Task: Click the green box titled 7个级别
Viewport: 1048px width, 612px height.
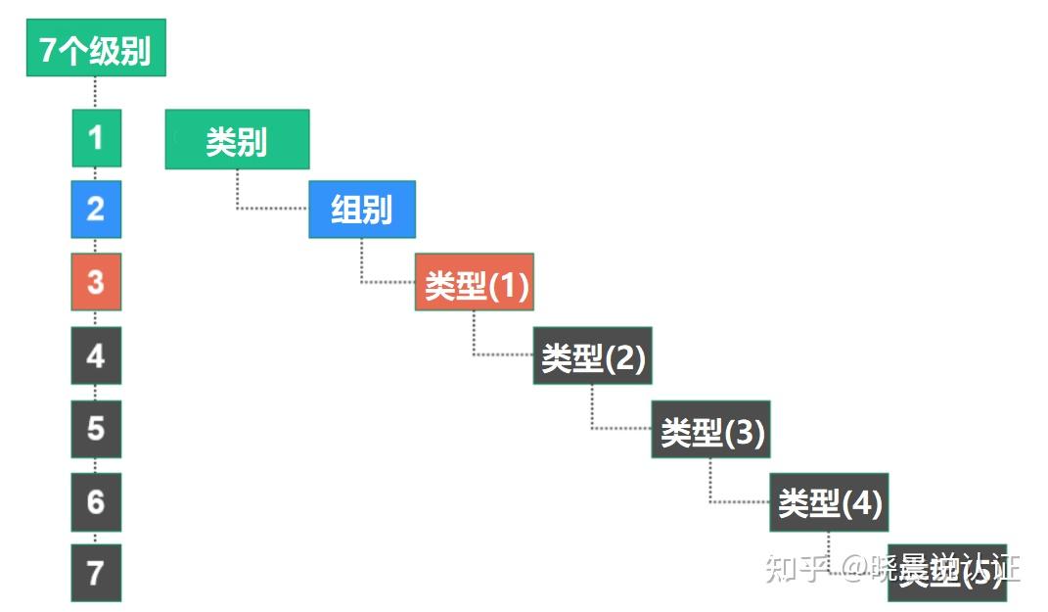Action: (96, 48)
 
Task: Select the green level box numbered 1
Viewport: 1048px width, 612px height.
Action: (96, 138)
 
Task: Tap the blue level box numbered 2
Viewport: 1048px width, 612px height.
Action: (96, 210)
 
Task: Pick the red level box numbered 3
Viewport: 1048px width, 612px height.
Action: (96, 282)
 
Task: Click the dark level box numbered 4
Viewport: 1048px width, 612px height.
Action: (96, 355)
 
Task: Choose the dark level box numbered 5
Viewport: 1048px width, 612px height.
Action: (96, 428)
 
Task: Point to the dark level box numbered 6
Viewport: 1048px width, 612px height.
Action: (96, 501)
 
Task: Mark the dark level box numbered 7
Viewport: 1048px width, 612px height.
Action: (96, 573)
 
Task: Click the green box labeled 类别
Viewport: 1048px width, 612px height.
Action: (237, 140)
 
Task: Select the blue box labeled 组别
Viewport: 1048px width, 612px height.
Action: (361, 210)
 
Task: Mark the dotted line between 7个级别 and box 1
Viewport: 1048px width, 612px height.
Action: (96, 93)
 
